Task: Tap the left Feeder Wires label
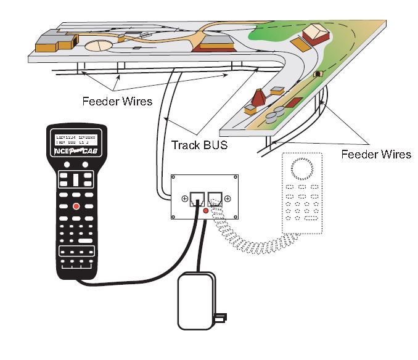coord(117,100)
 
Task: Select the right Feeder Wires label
coord(376,153)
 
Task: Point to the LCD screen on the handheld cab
coord(76,139)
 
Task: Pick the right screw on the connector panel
coord(227,198)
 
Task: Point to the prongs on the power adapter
coord(219,318)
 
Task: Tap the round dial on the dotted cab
coord(302,168)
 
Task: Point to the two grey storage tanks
coord(277,112)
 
